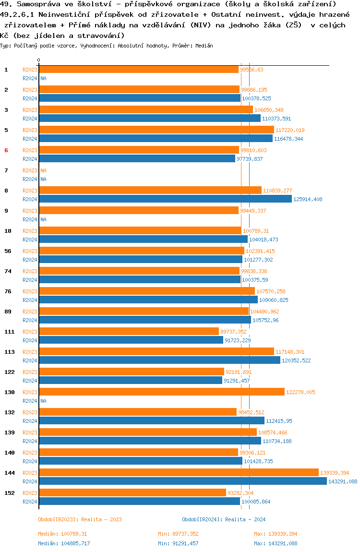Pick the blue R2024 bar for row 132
coord(152,420)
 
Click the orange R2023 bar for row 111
coord(129,331)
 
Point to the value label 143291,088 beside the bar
coord(343,481)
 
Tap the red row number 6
coord(6,150)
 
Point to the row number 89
coord(8,312)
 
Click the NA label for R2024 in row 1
coord(43,78)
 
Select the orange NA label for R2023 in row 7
coord(43,170)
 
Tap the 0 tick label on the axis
coord(38,60)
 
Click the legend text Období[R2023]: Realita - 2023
coord(80,519)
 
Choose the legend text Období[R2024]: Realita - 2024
coord(224,519)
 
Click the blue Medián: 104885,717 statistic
coord(64,543)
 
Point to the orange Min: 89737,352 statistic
coord(178,534)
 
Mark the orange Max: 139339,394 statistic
coord(276,534)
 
